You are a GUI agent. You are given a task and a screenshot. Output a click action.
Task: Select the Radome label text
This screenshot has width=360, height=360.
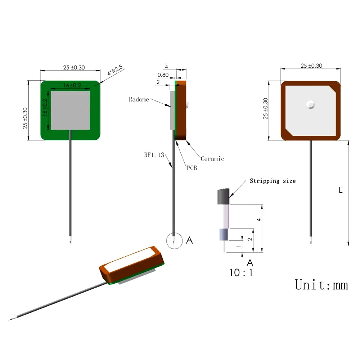coord(139,99)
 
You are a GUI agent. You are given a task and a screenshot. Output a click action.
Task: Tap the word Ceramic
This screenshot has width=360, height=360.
coord(212,159)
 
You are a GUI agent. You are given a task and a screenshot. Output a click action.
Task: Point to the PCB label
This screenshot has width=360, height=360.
coord(192,168)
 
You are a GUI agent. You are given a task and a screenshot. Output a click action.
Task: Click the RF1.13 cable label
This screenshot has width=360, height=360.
coord(154,155)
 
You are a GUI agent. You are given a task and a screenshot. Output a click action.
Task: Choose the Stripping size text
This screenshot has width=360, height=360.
coord(273,181)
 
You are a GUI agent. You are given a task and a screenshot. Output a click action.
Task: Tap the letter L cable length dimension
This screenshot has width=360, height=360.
coord(341,190)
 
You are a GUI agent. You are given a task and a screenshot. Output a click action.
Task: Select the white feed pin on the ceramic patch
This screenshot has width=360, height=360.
coord(310,104)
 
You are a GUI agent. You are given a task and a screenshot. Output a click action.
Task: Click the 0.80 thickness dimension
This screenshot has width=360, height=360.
coord(163,75)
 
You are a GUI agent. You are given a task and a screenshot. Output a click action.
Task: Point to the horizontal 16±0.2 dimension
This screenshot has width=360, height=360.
coord(71,85)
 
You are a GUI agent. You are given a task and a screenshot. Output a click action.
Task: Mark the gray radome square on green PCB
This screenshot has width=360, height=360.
coord(70,110)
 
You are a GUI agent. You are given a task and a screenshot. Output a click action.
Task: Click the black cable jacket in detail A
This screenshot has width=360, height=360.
coord(223,197)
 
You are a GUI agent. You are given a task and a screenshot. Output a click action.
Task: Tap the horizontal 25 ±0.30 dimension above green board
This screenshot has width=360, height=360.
coord(74,67)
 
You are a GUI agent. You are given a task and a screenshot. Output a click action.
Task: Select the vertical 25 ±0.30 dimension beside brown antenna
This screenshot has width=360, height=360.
coord(266,108)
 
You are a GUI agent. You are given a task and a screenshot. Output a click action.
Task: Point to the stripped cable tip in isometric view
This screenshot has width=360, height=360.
coord(11,319)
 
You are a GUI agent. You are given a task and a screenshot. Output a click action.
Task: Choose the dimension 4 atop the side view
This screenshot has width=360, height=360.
coord(166,67)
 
